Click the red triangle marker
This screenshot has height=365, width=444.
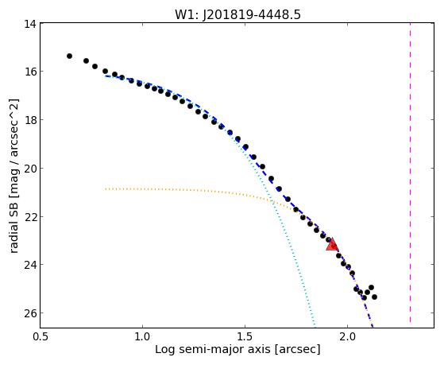(x=332, y=245)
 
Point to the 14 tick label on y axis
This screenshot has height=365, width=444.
(x=30, y=24)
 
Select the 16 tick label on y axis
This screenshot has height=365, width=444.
(x=30, y=72)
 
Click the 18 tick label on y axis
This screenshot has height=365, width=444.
(x=30, y=120)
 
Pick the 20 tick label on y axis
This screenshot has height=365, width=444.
(x=30, y=168)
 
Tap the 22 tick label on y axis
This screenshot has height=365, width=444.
(x=30, y=216)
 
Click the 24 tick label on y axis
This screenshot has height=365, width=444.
(x=30, y=265)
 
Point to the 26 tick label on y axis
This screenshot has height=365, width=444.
(x=30, y=313)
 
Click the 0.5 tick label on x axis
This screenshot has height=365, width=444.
(x=41, y=336)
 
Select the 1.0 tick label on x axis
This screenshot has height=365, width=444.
(x=142, y=336)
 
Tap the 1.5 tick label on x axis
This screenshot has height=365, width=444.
(x=245, y=336)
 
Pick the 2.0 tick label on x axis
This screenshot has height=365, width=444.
(x=347, y=336)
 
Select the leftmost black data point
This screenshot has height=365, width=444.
(x=69, y=56)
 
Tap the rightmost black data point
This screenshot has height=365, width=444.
(x=374, y=297)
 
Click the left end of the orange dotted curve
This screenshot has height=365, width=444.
(x=106, y=188)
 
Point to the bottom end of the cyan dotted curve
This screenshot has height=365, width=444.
(x=315, y=326)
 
